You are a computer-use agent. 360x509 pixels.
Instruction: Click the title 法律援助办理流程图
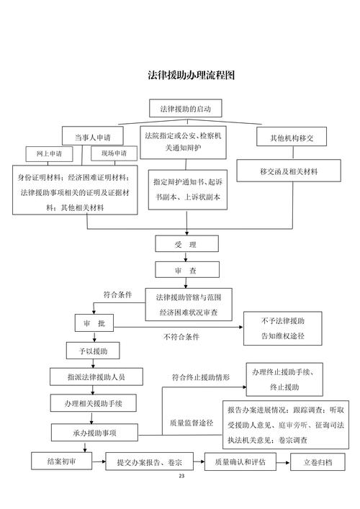tap(192, 75)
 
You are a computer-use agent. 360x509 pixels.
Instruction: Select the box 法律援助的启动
tap(186, 109)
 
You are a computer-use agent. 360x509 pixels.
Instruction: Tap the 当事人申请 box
tap(91, 137)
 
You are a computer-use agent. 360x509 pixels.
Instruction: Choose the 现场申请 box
tap(113, 154)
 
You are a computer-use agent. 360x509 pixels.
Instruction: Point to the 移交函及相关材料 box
tap(289, 172)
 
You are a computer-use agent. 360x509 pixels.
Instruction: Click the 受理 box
tap(186, 245)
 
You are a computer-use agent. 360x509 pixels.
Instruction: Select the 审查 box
tap(186, 270)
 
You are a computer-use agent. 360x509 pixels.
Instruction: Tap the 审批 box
tap(94, 325)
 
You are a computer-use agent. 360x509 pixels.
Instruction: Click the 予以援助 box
tap(94, 351)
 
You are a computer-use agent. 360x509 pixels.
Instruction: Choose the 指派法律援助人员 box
tap(95, 377)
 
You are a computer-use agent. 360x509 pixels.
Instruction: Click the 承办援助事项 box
tap(94, 432)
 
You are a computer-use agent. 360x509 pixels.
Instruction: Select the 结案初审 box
tap(62, 461)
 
